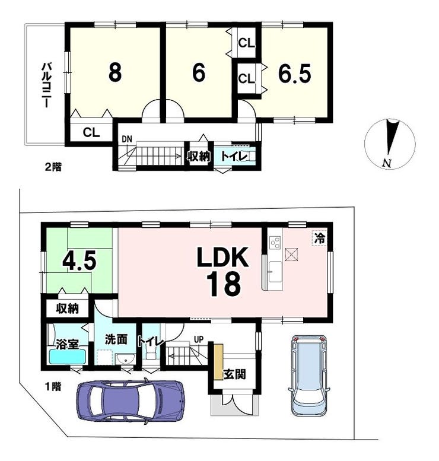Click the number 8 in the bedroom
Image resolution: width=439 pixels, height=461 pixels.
click(x=115, y=72)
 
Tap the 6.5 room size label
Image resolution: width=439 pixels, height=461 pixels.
click(x=294, y=74)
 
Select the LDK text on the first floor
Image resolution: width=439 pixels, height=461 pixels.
click(x=222, y=257)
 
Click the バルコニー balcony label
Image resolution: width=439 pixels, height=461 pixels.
click(x=46, y=85)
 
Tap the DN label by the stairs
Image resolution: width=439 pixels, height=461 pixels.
click(x=127, y=139)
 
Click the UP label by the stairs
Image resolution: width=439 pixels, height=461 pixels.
click(x=199, y=339)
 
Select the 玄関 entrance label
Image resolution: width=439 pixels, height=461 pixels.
click(x=234, y=374)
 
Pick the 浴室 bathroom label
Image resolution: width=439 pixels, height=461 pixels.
click(x=68, y=344)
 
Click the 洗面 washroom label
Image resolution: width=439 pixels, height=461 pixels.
click(x=116, y=339)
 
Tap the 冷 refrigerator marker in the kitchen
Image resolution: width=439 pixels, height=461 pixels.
click(x=320, y=238)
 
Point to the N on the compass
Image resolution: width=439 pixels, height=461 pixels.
click(x=387, y=163)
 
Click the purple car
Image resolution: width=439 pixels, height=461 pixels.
click(x=131, y=401)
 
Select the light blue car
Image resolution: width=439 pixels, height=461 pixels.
click(x=308, y=376)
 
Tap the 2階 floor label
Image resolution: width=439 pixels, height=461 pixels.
click(x=53, y=167)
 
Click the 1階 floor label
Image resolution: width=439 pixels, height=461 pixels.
click(x=53, y=386)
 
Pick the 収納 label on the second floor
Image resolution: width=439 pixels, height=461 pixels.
click(x=199, y=157)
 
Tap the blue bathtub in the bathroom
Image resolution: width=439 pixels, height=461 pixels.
click(x=68, y=357)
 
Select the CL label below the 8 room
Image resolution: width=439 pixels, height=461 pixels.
click(x=91, y=132)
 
